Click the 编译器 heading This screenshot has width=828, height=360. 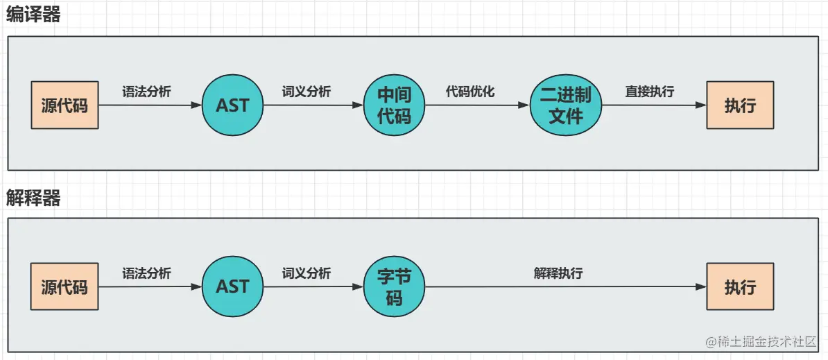[33, 15]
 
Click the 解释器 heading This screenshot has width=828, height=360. [33, 198]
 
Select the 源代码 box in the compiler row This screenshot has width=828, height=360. [64, 106]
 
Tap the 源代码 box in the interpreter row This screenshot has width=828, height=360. [64, 286]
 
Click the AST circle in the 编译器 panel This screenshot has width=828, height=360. [232, 106]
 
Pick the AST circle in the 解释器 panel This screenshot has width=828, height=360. [232, 286]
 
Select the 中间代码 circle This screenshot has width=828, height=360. [394, 106]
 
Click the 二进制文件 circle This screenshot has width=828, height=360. [566, 106]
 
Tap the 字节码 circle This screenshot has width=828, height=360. [394, 287]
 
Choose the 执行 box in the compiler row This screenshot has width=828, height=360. [740, 106]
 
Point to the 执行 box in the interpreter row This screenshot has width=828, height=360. [740, 286]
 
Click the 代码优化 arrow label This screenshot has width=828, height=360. [470, 92]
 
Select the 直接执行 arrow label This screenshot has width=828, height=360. [650, 92]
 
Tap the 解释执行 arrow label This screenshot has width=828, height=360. [558, 273]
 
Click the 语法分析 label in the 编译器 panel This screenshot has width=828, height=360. [147, 92]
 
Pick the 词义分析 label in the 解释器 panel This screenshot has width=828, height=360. [307, 273]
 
